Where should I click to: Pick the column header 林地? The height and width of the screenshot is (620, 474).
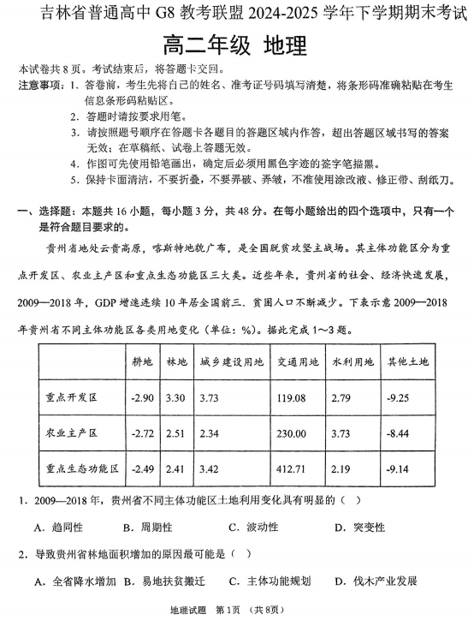pos(175,362)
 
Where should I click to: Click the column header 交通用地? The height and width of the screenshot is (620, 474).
pos(296,362)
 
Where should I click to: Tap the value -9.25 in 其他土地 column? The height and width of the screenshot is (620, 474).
pos(400,398)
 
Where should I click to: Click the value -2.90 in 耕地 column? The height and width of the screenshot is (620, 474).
pos(141,398)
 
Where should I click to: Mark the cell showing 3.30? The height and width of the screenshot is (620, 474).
pos(175,398)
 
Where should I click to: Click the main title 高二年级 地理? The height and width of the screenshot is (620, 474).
pos(236,45)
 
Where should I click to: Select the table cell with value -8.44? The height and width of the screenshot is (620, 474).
pos(400,434)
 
